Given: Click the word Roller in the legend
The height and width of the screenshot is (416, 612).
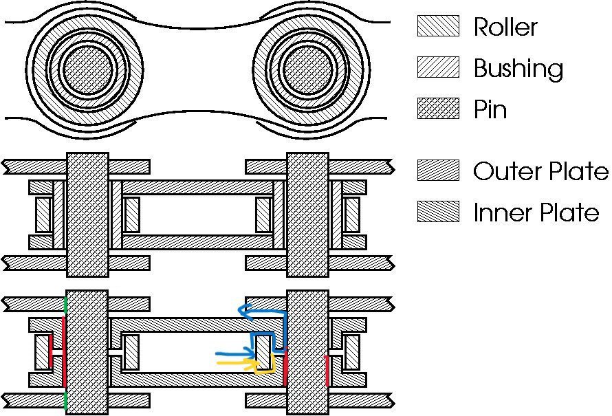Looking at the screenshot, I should tap(505, 27).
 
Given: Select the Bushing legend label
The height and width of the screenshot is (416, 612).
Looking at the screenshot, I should tap(518, 68).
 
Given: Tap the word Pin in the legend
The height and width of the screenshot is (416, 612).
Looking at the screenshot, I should tap(490, 109).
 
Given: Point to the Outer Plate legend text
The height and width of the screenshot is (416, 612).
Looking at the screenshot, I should tap(540, 171).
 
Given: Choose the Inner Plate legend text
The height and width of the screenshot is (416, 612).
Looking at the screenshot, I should tap(536, 212).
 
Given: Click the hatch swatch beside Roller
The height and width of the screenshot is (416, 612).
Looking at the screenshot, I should tap(438, 26).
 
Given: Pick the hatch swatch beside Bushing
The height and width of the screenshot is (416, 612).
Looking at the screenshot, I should tap(438, 67).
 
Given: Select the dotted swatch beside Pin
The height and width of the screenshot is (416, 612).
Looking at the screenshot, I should tap(438, 109).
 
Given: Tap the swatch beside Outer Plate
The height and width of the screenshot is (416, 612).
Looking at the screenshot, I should tap(438, 171).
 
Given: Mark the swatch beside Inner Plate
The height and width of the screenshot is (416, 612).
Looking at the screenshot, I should tap(438, 212).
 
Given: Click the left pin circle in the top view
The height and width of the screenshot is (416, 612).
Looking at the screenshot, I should tap(87, 69).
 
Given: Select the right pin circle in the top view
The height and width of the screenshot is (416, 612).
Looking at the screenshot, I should tap(307, 69).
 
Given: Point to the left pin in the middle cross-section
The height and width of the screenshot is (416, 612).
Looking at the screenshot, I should tap(87, 215).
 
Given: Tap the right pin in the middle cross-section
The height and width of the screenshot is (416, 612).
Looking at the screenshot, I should tap(307, 215).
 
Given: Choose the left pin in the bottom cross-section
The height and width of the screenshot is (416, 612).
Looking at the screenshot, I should tap(87, 352).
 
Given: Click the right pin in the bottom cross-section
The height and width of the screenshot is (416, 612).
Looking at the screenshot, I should tap(307, 352).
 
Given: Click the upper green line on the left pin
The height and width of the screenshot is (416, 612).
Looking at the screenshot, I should tap(65, 305).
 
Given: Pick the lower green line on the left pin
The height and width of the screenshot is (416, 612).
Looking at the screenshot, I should tap(65, 401).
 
